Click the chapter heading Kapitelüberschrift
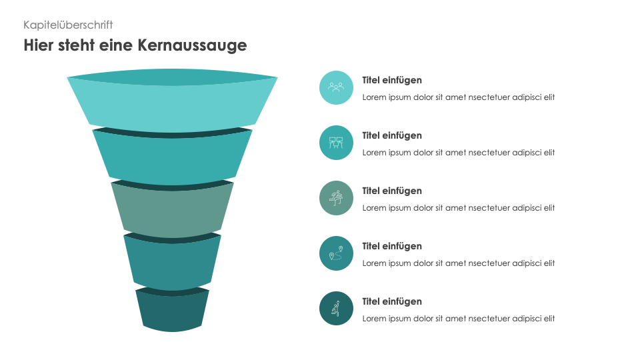tap(68, 25)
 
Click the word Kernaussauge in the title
tap(192, 45)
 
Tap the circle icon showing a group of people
tap(336, 88)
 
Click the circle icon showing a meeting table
tap(336, 143)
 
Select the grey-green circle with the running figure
tap(336, 198)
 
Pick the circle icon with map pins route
tap(336, 253)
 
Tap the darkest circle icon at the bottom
tap(336, 309)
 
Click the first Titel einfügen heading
tap(392, 81)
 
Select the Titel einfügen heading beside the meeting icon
tap(392, 135)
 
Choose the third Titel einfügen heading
tap(392, 191)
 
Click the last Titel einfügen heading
tap(392, 301)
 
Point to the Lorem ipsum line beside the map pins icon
tap(459, 263)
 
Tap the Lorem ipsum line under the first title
tap(459, 97)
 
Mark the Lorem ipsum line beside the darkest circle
tap(459, 319)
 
